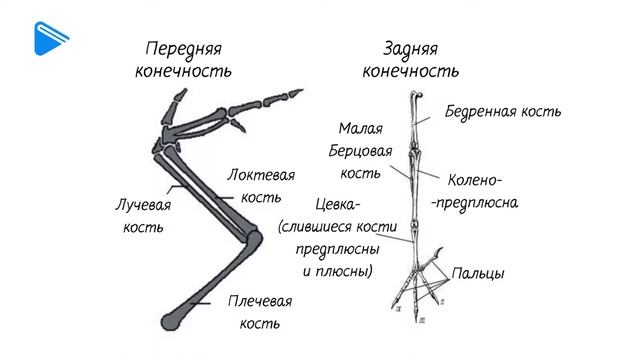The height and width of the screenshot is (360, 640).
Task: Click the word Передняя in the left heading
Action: coord(183,49)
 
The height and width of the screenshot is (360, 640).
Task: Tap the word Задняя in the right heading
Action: coord(410,49)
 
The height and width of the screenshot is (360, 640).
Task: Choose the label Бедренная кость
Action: coord(503,111)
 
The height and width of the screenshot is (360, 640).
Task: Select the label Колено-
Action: coord(475,180)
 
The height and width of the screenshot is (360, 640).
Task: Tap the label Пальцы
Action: coord(477,272)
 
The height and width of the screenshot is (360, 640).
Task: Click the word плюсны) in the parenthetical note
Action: coord(343,271)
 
